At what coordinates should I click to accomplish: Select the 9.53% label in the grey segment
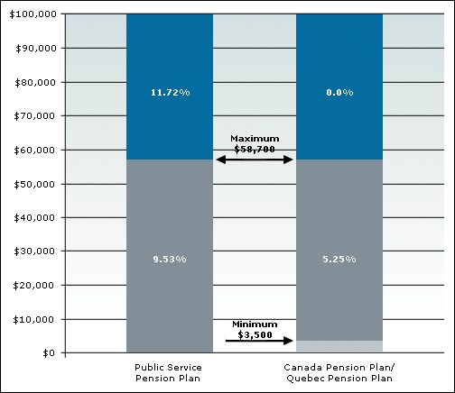pyautogui.click(x=169, y=260)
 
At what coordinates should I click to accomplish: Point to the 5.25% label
pyautogui.click(x=339, y=260)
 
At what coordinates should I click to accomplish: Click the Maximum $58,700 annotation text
pyautogui.click(x=255, y=143)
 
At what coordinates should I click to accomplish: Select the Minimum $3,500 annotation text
pyautogui.click(x=255, y=329)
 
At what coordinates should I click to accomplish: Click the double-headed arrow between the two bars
pyautogui.click(x=255, y=160)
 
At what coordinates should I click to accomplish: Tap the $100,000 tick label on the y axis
pyautogui.click(x=32, y=14)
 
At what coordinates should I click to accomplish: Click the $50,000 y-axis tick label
pyautogui.click(x=34, y=184)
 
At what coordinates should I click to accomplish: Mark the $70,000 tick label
pyautogui.click(x=34, y=116)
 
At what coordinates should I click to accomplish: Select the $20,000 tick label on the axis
pyautogui.click(x=34, y=285)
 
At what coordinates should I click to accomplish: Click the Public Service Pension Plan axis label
pyautogui.click(x=169, y=373)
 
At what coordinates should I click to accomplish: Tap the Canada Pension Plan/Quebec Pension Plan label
pyautogui.click(x=339, y=373)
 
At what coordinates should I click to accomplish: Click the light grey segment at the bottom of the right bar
pyautogui.click(x=339, y=346)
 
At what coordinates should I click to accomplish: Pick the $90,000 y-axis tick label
pyautogui.click(x=34, y=49)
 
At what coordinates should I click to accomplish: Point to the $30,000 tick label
pyautogui.click(x=34, y=251)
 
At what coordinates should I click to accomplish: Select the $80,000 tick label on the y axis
pyautogui.click(x=34, y=82)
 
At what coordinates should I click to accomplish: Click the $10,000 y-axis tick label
pyautogui.click(x=34, y=319)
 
